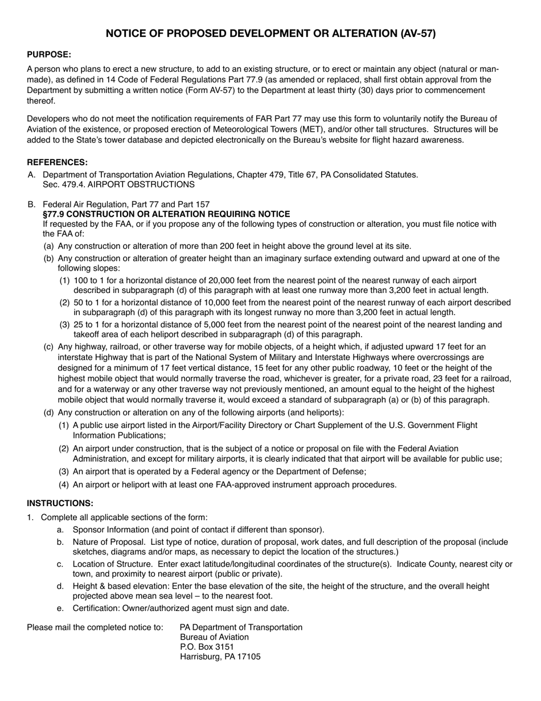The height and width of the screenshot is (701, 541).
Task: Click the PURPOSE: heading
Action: click(x=49, y=55)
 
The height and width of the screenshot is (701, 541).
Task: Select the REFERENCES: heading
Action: click(x=57, y=162)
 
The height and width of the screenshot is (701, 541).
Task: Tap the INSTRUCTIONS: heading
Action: click(x=60, y=503)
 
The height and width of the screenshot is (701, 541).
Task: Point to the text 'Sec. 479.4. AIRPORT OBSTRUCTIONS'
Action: click(x=118, y=185)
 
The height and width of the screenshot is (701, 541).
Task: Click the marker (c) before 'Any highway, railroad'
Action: click(x=50, y=347)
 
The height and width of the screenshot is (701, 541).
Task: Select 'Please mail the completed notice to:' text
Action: click(x=95, y=627)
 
